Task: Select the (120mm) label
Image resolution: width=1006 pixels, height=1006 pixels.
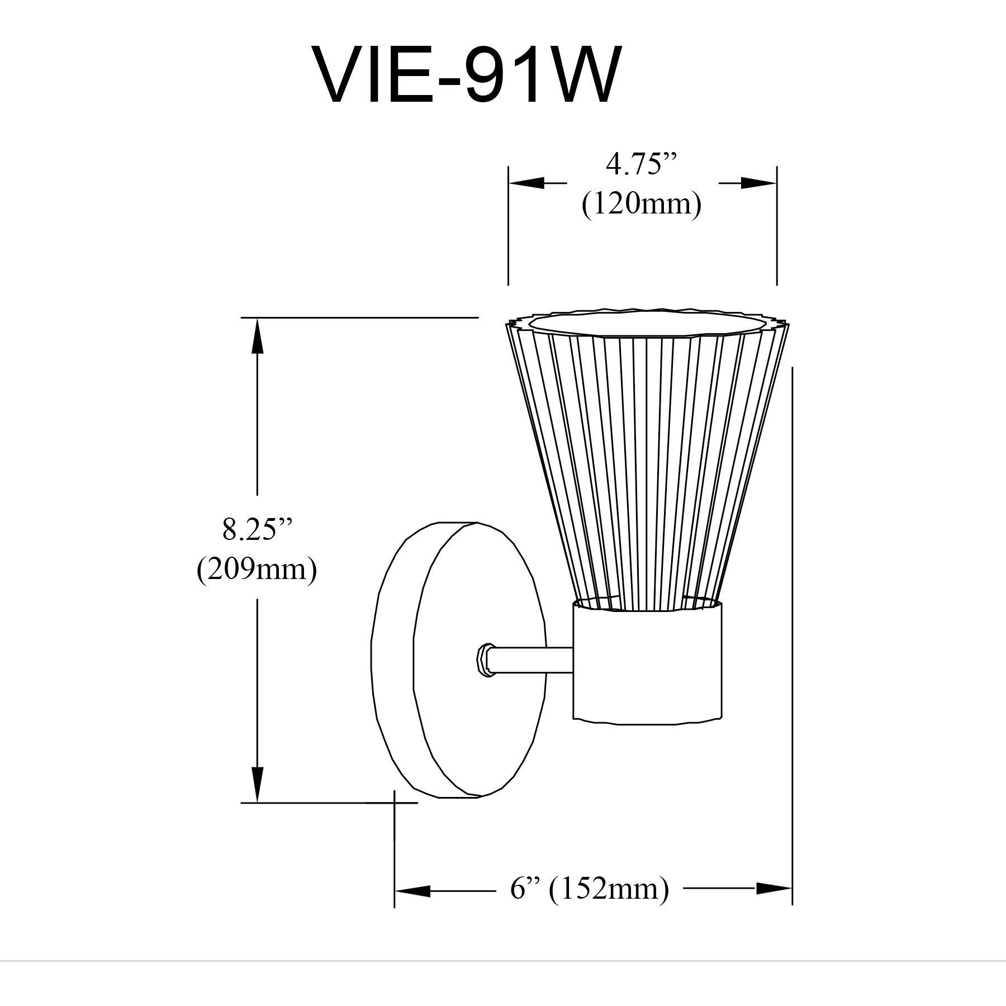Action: tap(641, 205)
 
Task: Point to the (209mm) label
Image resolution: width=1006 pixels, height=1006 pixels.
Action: tap(257, 570)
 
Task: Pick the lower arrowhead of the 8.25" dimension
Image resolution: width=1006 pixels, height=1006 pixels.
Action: tap(257, 783)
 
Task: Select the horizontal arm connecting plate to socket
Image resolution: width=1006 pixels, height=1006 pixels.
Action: tap(531, 660)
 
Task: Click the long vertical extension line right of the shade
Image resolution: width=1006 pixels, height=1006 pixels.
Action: tap(793, 615)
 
